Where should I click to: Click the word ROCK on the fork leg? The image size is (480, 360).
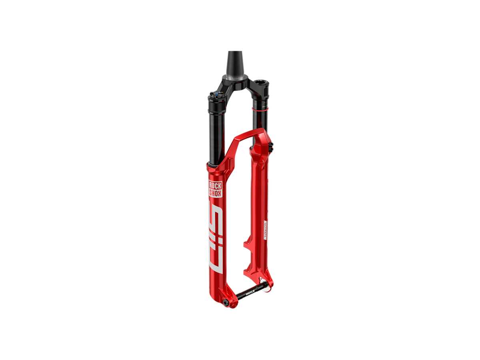pyautogui.click(x=215, y=186)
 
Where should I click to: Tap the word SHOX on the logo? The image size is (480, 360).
pyautogui.click(x=215, y=192)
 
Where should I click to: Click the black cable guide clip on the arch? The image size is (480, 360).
pyautogui.click(x=271, y=147)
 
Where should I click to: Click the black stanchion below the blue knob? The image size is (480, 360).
pyautogui.click(x=215, y=132)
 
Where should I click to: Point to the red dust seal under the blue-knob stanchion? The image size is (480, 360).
pyautogui.click(x=214, y=165)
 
